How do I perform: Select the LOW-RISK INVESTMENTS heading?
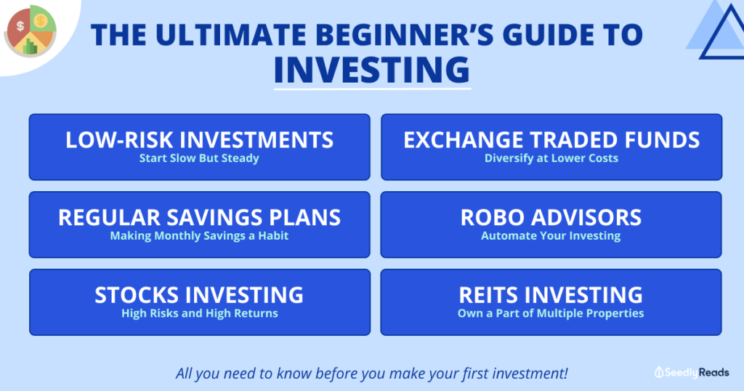pos(199,140)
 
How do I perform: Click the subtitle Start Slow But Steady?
pos(199,158)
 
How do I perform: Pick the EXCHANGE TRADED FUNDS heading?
pos(551,140)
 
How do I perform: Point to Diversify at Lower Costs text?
pos(551,158)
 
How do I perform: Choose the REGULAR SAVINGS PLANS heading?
pos(199,217)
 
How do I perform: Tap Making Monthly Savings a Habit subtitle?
pos(199,235)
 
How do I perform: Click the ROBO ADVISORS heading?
pos(551,217)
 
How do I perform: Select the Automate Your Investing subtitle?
pos(551,235)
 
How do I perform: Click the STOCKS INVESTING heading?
pos(199,294)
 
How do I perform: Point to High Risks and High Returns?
pos(200,313)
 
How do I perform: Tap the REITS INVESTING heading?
pos(551,294)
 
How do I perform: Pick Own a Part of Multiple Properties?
pos(551,313)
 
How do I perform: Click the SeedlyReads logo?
pos(692,373)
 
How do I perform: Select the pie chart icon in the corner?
pos(31,31)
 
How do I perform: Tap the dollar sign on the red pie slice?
pos(20,26)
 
